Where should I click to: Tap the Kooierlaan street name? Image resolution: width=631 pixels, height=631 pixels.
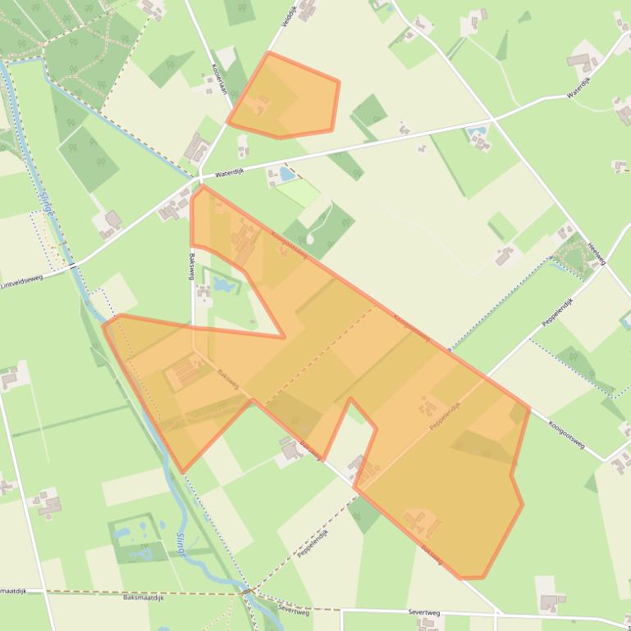pos(219,79)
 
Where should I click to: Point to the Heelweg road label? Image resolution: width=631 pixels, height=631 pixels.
pos(597,253)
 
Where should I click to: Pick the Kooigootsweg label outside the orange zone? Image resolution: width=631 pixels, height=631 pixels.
pos(567,434)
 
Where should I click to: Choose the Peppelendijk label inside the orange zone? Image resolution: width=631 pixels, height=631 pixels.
pos(444,416)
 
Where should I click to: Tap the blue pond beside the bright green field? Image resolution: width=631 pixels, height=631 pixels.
pos(286,174)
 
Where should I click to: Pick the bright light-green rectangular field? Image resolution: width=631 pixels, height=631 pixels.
pos(299,193)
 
